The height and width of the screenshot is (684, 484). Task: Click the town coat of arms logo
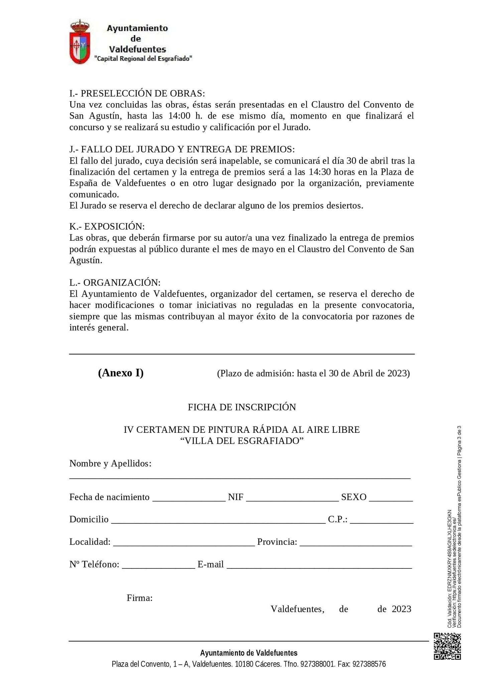(x=80, y=42)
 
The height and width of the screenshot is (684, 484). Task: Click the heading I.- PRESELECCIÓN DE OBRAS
(x=137, y=93)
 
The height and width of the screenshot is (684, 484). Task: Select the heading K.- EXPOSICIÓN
(x=107, y=226)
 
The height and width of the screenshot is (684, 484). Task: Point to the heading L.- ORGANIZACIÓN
(x=115, y=283)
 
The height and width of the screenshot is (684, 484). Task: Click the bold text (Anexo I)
(x=121, y=372)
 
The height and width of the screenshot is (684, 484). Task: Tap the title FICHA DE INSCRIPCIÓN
(x=242, y=407)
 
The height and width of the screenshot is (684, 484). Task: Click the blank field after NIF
(x=292, y=498)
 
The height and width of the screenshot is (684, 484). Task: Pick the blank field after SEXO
(x=391, y=498)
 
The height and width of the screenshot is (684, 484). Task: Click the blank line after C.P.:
(x=381, y=520)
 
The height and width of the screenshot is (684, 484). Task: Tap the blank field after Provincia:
(x=356, y=542)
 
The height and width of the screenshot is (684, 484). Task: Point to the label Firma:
(x=140, y=598)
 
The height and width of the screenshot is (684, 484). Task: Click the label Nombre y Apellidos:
(x=110, y=464)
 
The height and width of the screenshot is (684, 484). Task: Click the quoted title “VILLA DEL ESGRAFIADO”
(x=242, y=441)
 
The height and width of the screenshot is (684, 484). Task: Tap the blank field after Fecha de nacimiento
(x=189, y=498)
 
